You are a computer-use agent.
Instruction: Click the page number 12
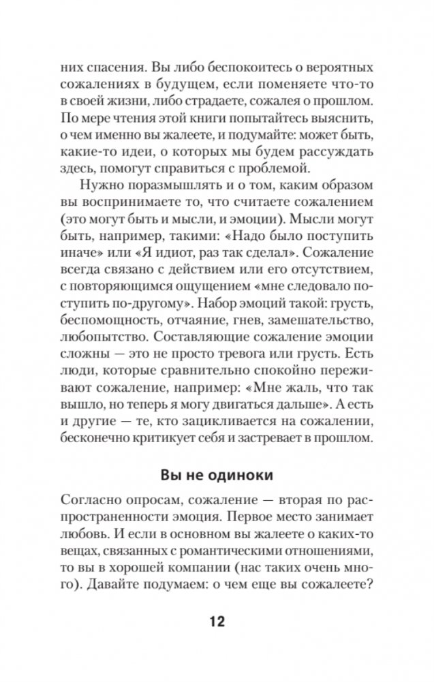(217, 621)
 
